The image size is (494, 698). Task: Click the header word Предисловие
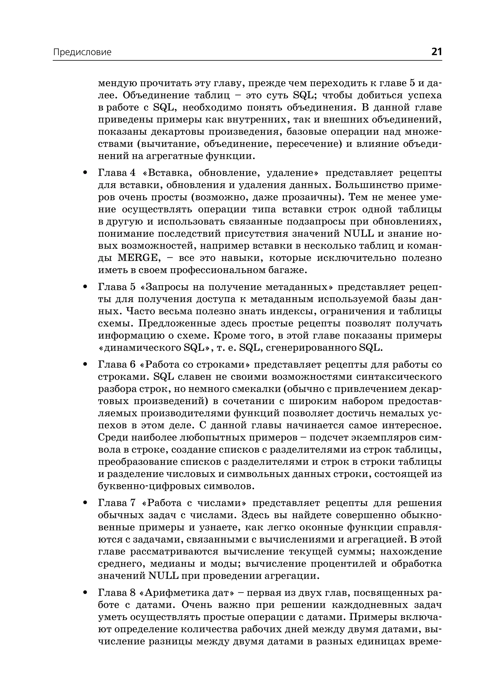tap(82, 52)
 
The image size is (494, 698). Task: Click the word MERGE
tap(139, 258)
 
